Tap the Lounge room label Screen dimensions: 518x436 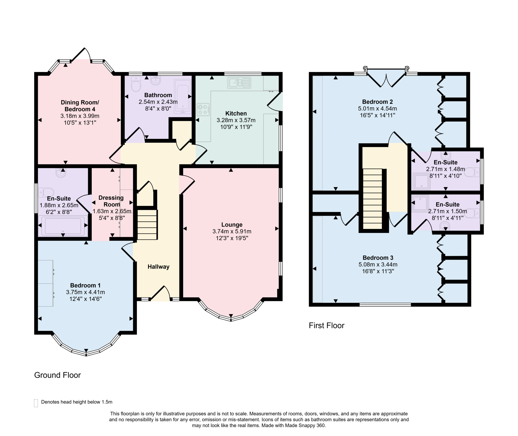pos(232,225)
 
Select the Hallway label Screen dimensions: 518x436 pos(159,267)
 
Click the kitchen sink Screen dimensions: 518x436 pos(239,83)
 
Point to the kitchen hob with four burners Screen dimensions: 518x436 pos(203,110)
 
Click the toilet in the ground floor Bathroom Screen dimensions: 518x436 pos(136,84)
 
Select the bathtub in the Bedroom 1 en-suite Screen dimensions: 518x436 pos(63,226)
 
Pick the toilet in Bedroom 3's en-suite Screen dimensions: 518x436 pos(472,213)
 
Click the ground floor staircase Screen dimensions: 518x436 pos(147,224)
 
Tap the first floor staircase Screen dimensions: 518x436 pos(373,199)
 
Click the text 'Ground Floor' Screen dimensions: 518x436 pos(57,375)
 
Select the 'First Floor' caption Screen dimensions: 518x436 pos(327,325)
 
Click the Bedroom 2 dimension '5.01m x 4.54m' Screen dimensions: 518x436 pos(377,109)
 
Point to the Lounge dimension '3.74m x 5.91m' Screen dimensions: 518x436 pos(232,231)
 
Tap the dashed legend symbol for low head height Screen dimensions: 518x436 pos(36,403)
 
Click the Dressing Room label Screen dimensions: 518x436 pos(111,201)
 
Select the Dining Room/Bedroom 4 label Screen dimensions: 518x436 pos(80,106)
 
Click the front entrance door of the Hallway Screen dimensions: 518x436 pos(160,293)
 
